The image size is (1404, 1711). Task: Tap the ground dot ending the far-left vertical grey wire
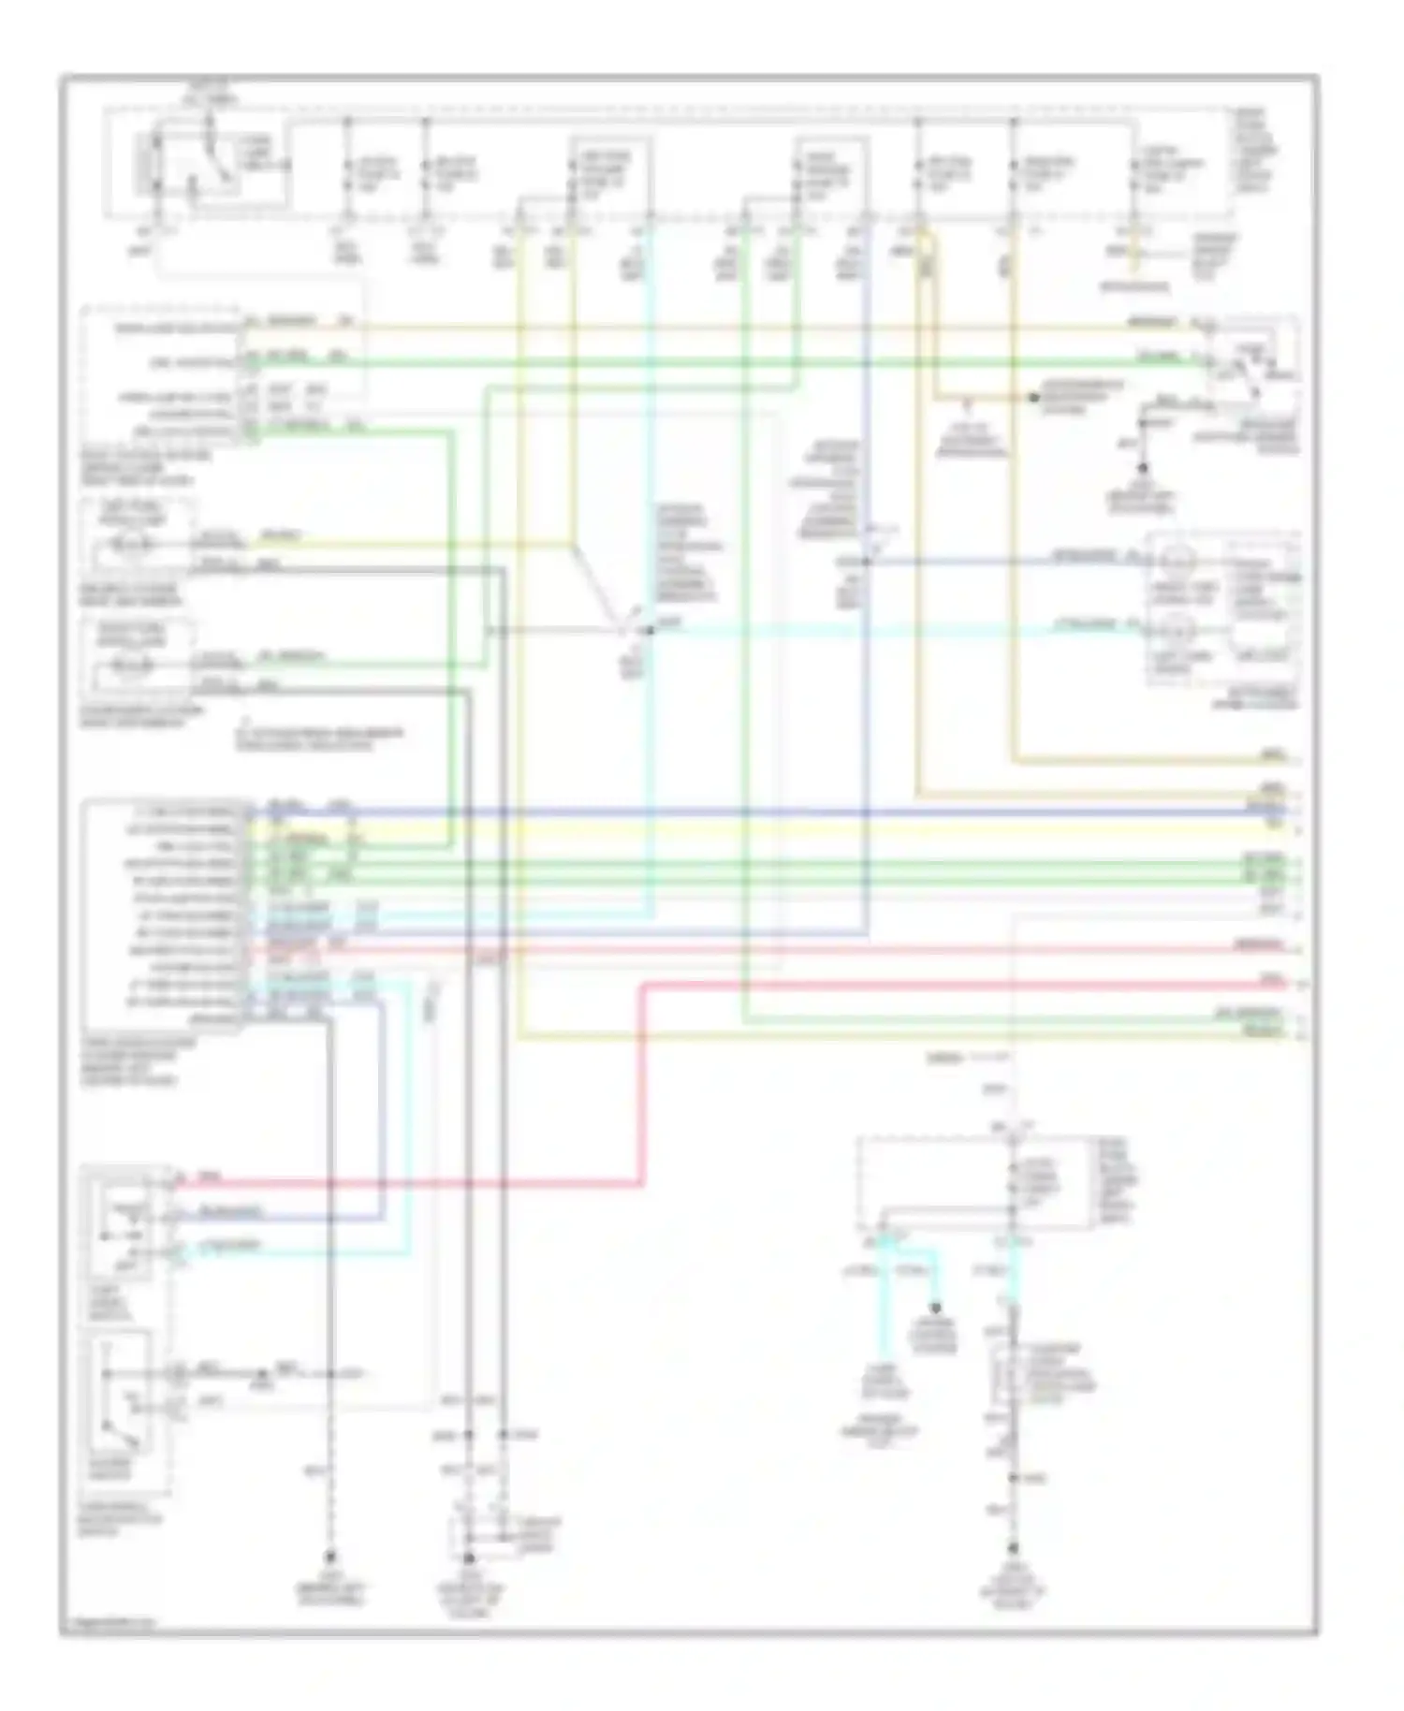329,1558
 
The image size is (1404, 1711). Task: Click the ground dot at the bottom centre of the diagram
469,1558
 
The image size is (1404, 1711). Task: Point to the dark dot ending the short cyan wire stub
934,1309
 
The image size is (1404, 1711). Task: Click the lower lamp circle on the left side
132,666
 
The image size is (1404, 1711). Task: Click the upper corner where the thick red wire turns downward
645,985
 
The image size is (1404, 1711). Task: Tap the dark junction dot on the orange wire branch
1033,398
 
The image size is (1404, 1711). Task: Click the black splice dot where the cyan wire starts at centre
649,630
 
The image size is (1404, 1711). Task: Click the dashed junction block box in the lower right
973,1183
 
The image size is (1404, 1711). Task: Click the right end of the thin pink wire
1296,948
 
